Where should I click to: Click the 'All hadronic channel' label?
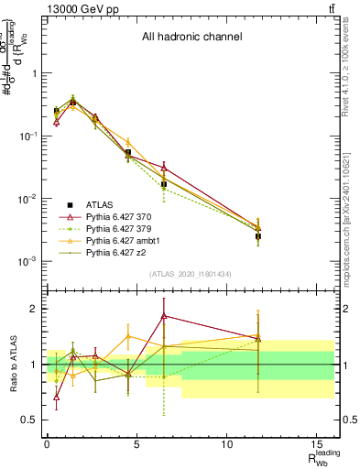point(191,38)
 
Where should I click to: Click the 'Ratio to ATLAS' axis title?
point(12,364)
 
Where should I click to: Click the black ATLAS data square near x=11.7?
point(258,236)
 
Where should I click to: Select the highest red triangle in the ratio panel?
point(163,315)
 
